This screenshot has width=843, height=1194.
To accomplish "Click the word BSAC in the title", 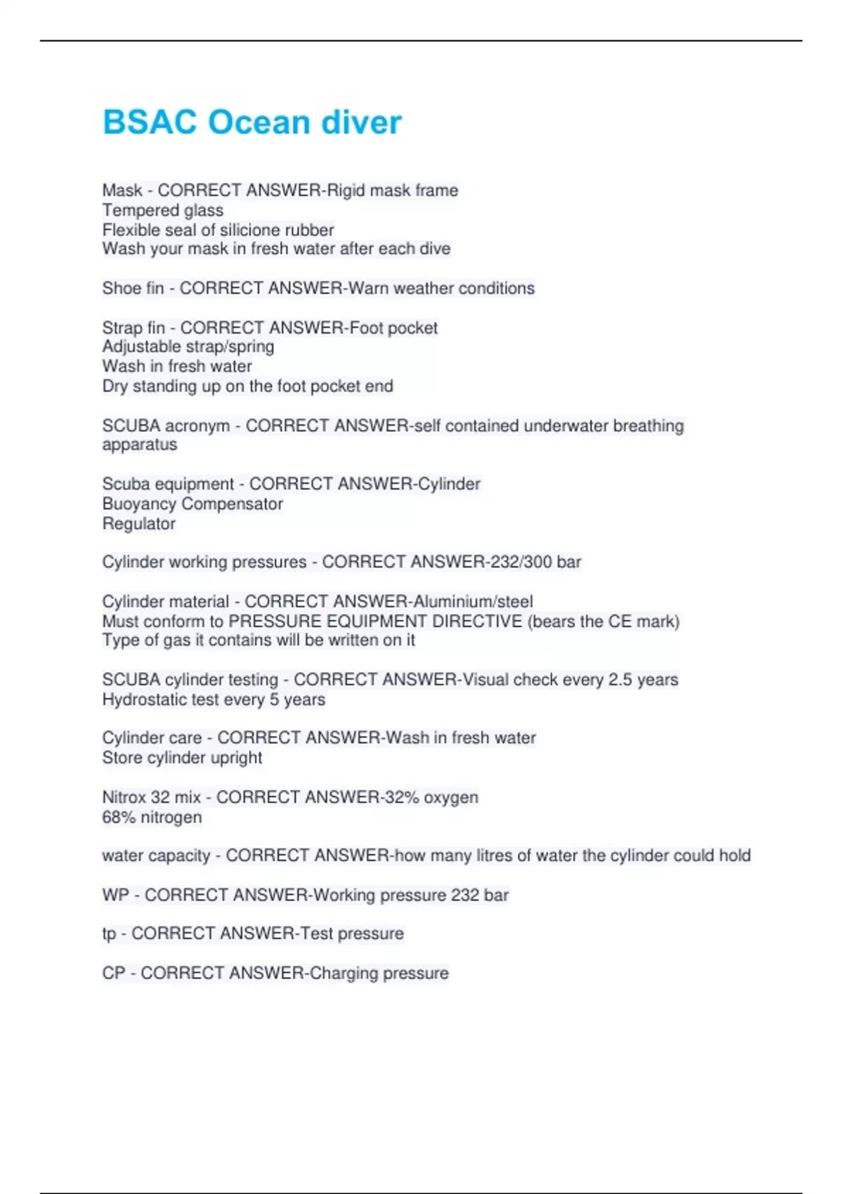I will click(x=150, y=122).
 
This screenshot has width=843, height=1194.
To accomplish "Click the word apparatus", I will click(x=139, y=445).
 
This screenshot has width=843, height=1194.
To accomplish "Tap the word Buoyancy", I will click(x=139, y=504).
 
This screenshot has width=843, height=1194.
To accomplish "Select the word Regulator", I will click(x=138, y=523).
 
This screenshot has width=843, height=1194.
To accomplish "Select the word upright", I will click(x=236, y=758).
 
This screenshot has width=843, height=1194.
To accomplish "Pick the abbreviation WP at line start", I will click(x=115, y=895).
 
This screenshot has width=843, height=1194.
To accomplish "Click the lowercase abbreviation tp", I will click(x=109, y=934).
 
